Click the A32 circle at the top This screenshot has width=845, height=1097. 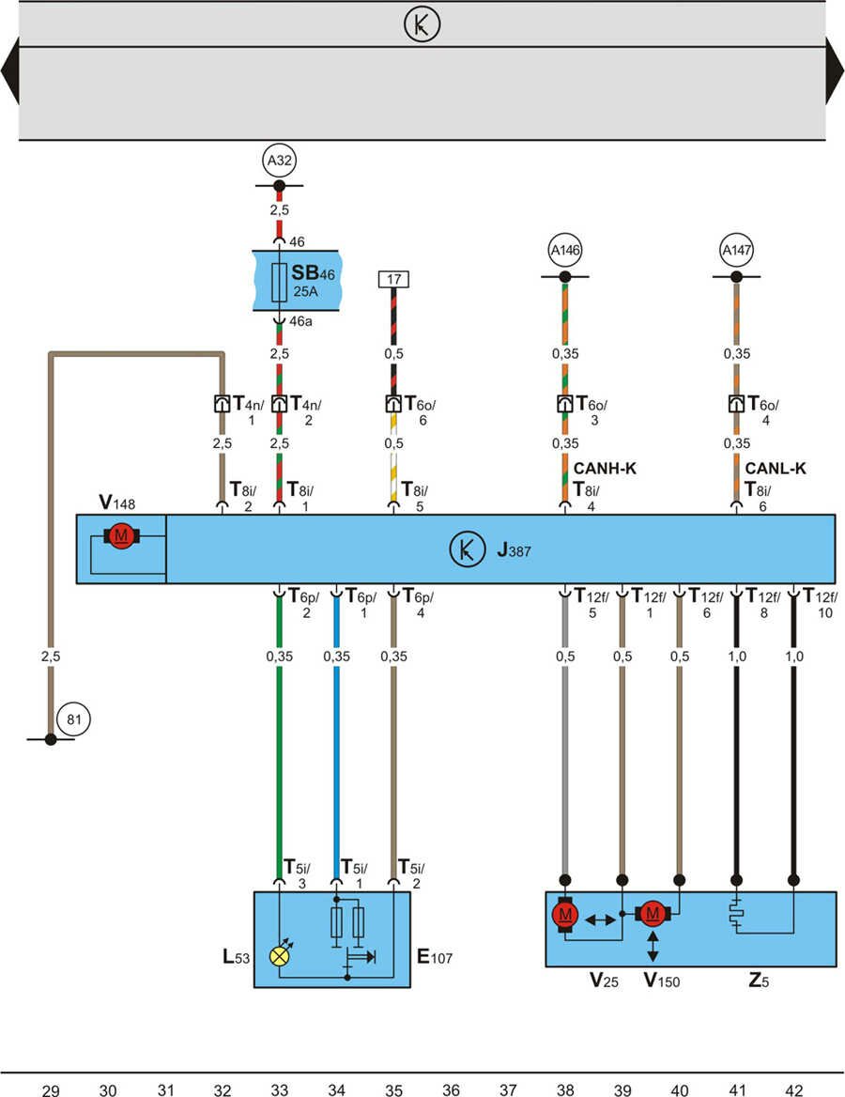point(279,162)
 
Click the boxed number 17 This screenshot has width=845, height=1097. point(392,279)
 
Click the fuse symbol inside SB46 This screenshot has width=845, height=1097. point(279,282)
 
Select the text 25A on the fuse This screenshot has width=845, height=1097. point(306,291)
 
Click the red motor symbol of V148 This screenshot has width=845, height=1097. point(120,535)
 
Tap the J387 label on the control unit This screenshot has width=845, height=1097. point(514,551)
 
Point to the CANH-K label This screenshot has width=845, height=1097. point(605,469)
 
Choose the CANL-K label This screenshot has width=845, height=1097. point(776,469)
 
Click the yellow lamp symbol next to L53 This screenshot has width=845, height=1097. point(279,955)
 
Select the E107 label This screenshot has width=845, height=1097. point(434,958)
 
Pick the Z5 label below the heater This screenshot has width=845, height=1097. point(759,981)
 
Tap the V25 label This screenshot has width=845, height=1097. point(604,981)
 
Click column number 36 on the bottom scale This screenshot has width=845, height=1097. point(451,1089)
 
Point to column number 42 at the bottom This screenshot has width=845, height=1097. point(793,1089)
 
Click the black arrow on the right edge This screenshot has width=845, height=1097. point(834,71)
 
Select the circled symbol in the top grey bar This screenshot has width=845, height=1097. point(422,25)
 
